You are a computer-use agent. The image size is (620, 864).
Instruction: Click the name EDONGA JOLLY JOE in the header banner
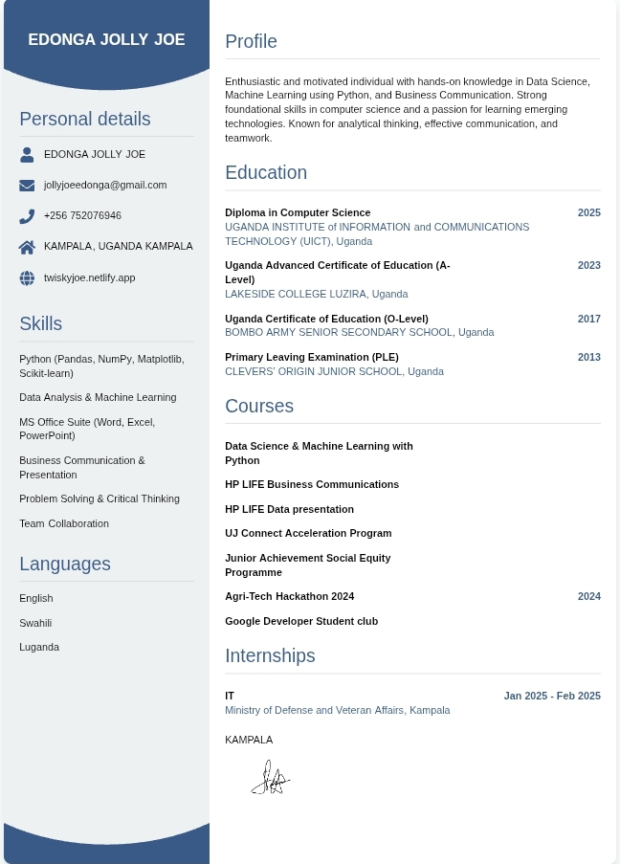[106, 40]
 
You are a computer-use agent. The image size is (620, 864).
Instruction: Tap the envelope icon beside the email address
[27, 186]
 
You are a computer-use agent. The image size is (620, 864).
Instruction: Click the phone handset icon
[27, 216]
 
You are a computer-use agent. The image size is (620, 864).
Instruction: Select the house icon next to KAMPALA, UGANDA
[27, 247]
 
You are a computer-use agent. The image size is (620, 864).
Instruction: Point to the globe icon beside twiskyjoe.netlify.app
[27, 278]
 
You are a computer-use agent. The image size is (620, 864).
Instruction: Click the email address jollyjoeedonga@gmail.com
[105, 186]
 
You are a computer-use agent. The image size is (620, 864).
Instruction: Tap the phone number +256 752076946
[82, 216]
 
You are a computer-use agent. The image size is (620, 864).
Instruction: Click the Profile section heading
[251, 41]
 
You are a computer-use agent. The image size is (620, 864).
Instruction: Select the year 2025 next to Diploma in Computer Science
[588, 212]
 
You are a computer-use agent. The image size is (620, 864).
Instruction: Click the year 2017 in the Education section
[588, 319]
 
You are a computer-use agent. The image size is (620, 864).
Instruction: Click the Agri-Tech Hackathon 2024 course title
[289, 596]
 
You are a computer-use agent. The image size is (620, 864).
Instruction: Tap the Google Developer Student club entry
[301, 621]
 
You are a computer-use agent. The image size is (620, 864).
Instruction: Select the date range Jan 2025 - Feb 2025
[552, 696]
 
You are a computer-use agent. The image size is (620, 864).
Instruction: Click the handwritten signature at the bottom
[270, 779]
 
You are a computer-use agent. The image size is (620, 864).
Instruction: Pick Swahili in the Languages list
[35, 623]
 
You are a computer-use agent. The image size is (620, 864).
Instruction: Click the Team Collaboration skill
[64, 523]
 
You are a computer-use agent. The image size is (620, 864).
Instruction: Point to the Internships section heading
[270, 655]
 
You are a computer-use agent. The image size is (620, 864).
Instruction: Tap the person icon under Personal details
[27, 154]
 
